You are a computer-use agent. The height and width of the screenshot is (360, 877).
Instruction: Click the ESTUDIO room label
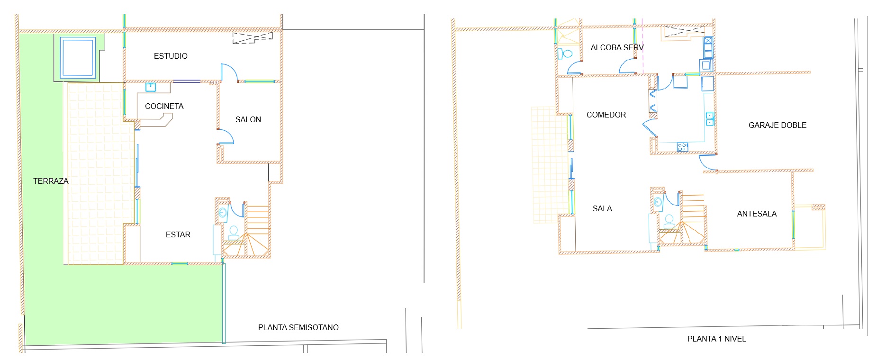(x=171, y=56)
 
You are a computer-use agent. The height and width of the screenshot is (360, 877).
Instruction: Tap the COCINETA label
(x=164, y=106)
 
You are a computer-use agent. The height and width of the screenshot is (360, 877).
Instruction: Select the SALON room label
(x=248, y=119)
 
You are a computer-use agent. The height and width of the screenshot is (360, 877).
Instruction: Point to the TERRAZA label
(x=51, y=181)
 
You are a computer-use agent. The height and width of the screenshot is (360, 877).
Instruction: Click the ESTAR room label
(x=178, y=234)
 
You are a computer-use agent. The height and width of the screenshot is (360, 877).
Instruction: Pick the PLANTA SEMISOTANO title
(x=298, y=327)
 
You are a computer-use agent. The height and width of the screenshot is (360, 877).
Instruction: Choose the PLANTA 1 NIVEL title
(x=716, y=339)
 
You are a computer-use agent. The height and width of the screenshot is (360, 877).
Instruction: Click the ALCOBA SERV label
(x=617, y=47)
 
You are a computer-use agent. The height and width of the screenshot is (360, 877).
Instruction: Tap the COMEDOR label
(x=606, y=115)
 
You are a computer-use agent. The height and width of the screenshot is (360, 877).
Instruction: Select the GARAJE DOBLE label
(x=777, y=125)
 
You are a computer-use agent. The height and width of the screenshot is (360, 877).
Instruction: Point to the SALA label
(x=602, y=208)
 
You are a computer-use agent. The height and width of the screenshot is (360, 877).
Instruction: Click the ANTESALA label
(x=757, y=214)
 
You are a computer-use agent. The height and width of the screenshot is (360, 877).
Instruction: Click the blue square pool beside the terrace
(x=78, y=57)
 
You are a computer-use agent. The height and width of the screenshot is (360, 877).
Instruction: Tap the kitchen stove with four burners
(x=682, y=147)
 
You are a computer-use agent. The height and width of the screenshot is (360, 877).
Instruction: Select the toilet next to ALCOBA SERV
(x=566, y=53)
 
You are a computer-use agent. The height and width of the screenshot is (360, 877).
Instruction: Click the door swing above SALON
(x=229, y=72)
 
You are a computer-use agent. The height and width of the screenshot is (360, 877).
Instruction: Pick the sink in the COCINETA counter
(x=151, y=87)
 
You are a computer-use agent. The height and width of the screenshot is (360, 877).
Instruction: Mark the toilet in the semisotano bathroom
(x=233, y=233)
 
